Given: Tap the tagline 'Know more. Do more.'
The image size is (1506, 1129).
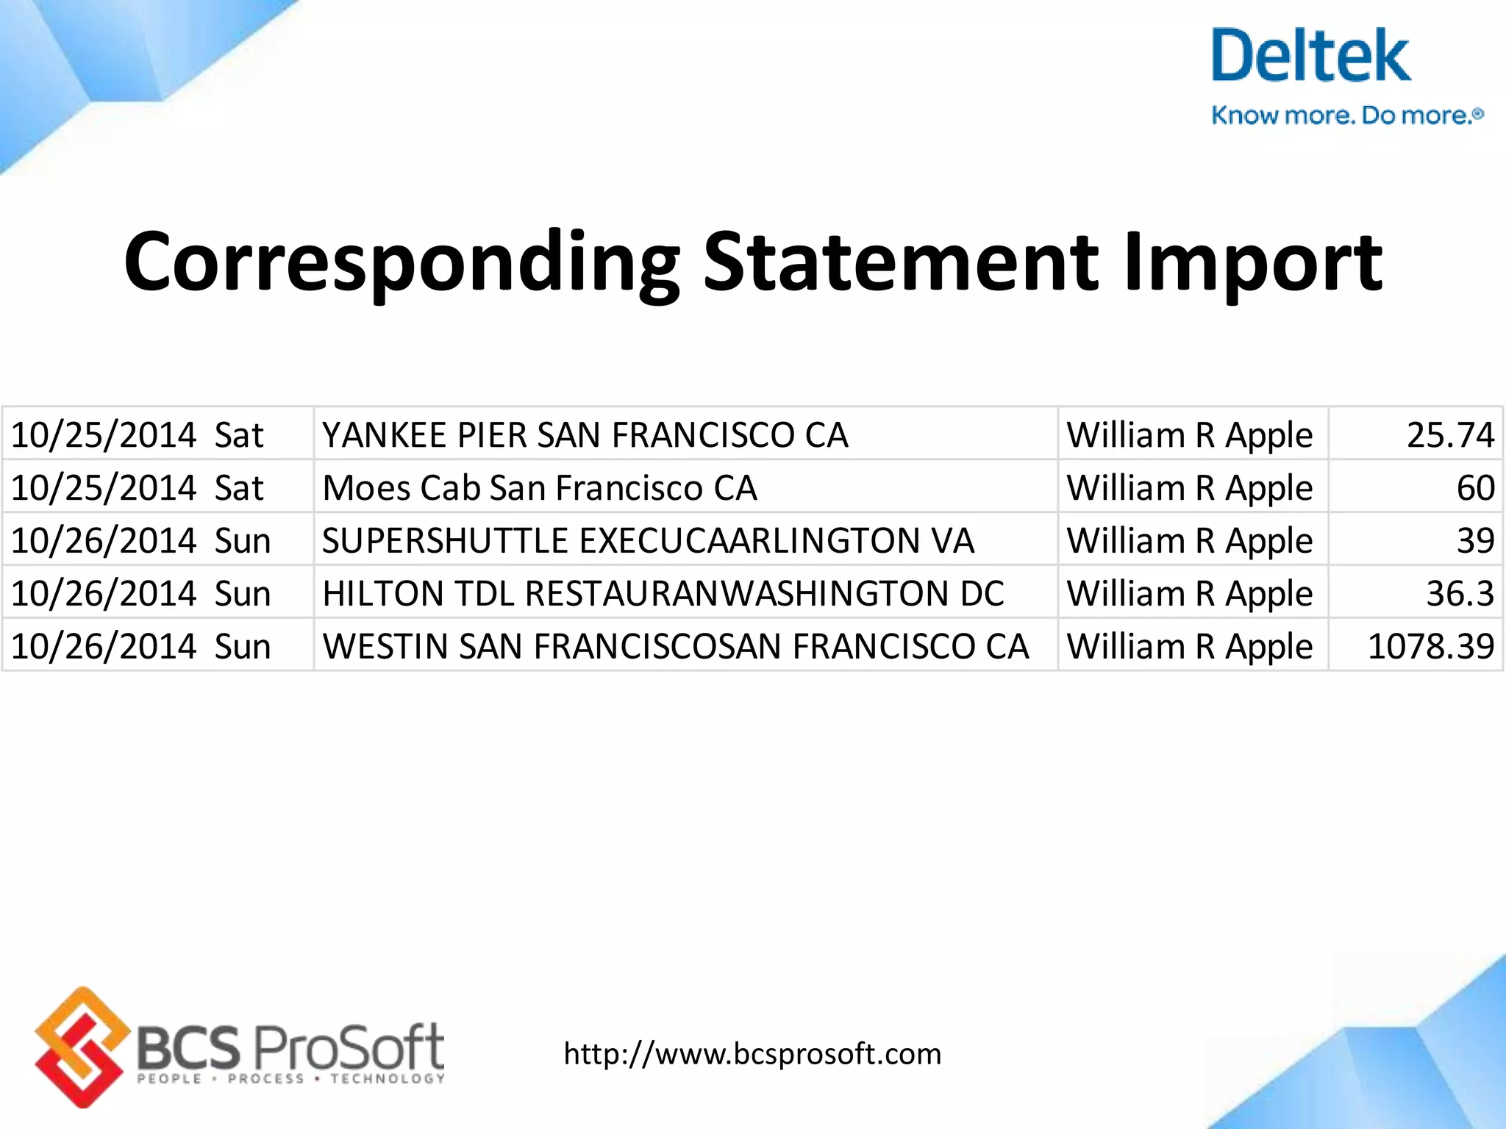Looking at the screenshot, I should coord(1347,115).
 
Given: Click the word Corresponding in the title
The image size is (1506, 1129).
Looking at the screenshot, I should coord(402,263).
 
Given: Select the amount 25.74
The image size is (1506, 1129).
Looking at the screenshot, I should coord(1450,435).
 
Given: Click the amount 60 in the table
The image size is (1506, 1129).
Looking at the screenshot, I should coord(1475,488).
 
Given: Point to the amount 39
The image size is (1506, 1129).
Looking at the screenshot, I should coord(1475,541).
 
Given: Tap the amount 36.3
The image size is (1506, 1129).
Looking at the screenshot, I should coord(1460,594).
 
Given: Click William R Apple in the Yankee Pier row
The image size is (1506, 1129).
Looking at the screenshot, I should coord(1190,435).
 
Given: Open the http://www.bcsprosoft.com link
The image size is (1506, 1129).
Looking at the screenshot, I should coord(752,1054).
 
